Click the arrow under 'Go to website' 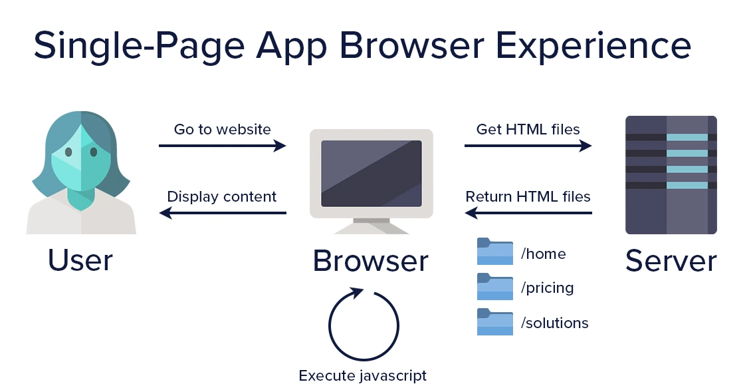pos(223,145)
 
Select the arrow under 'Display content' pos(223,212)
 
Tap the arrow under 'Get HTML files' pos(528,145)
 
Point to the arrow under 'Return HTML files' pos(528,212)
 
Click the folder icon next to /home pos(495,252)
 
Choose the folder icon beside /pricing pos(495,287)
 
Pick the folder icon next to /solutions pos(495,321)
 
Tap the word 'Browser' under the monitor pos(370,261)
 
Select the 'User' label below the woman pos(80,260)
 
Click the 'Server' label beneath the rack pos(671,261)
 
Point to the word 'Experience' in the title pos(593,45)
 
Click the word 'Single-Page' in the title pos(139,45)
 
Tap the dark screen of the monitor pos(372,174)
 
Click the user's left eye pos(68,152)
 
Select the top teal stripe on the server pos(687,137)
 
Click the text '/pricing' pos(548,288)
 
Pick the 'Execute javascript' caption pos(363,375)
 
